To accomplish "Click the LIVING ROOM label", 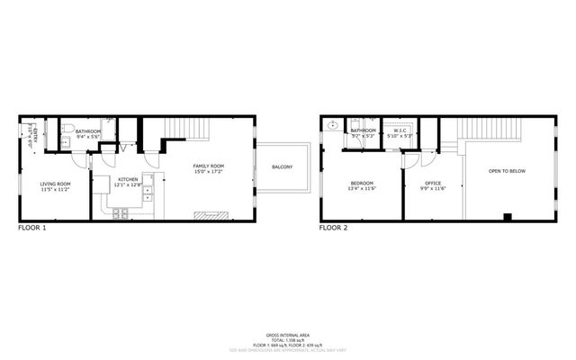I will [x=55, y=186].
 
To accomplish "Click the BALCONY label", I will [x=282, y=167].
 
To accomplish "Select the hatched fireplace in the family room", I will [x=211, y=215].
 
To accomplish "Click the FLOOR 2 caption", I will [x=333, y=229].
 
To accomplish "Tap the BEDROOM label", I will [x=362, y=186].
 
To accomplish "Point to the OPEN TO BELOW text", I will [x=506, y=170].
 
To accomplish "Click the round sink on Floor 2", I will [x=333, y=127].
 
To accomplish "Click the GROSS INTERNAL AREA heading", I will [x=287, y=333].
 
